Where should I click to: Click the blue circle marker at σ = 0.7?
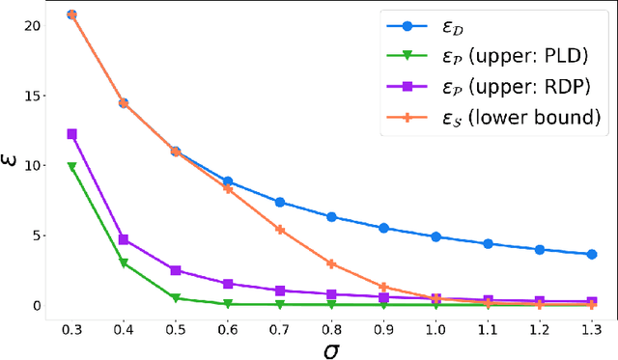click(x=279, y=202)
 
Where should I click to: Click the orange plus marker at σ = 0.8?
click(x=331, y=263)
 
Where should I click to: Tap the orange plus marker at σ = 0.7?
click(x=279, y=230)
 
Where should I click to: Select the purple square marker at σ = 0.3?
click(x=71, y=134)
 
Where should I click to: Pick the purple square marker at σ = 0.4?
click(x=124, y=239)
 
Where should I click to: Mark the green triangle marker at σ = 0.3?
click(x=71, y=167)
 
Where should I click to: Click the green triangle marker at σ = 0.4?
click(x=124, y=263)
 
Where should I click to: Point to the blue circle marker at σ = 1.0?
click(x=435, y=236)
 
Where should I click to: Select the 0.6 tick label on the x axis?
click(x=227, y=328)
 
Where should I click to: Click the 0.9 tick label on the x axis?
click(x=383, y=328)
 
